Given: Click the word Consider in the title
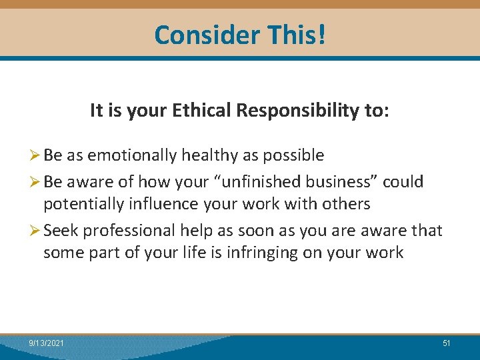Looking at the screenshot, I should coord(197,35).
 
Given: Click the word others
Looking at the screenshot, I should coord(343,204).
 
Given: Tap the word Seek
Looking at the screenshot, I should coord(61,231).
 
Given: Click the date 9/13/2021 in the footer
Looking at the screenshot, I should coord(47,343).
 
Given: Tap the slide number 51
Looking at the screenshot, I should coord(447,343).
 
